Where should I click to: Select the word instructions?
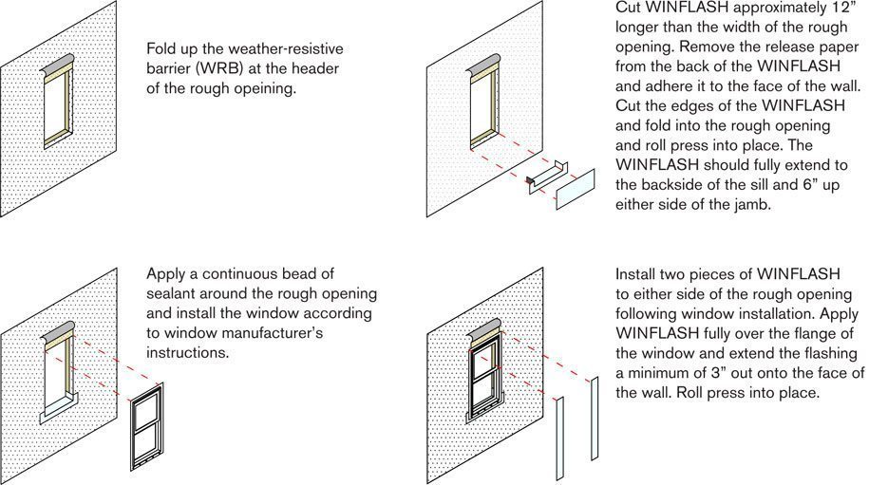(187, 353)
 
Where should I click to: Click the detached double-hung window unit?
(147, 426)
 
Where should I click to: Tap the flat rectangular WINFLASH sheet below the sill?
(576, 190)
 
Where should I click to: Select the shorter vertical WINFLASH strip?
(559, 438)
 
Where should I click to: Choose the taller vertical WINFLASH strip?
(595, 419)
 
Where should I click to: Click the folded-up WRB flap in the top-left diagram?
(57, 67)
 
